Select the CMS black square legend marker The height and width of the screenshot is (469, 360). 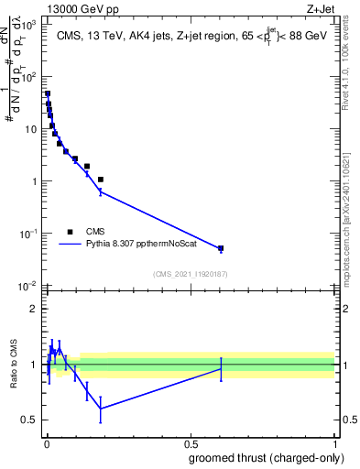(x=70, y=232)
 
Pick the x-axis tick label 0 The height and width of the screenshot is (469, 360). (x=47, y=443)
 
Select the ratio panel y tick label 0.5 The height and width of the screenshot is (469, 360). (x=29, y=420)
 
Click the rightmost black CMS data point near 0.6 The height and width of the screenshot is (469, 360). (x=221, y=248)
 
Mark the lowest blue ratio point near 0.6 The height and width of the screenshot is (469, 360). (x=101, y=409)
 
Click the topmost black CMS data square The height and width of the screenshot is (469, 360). (x=48, y=93)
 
